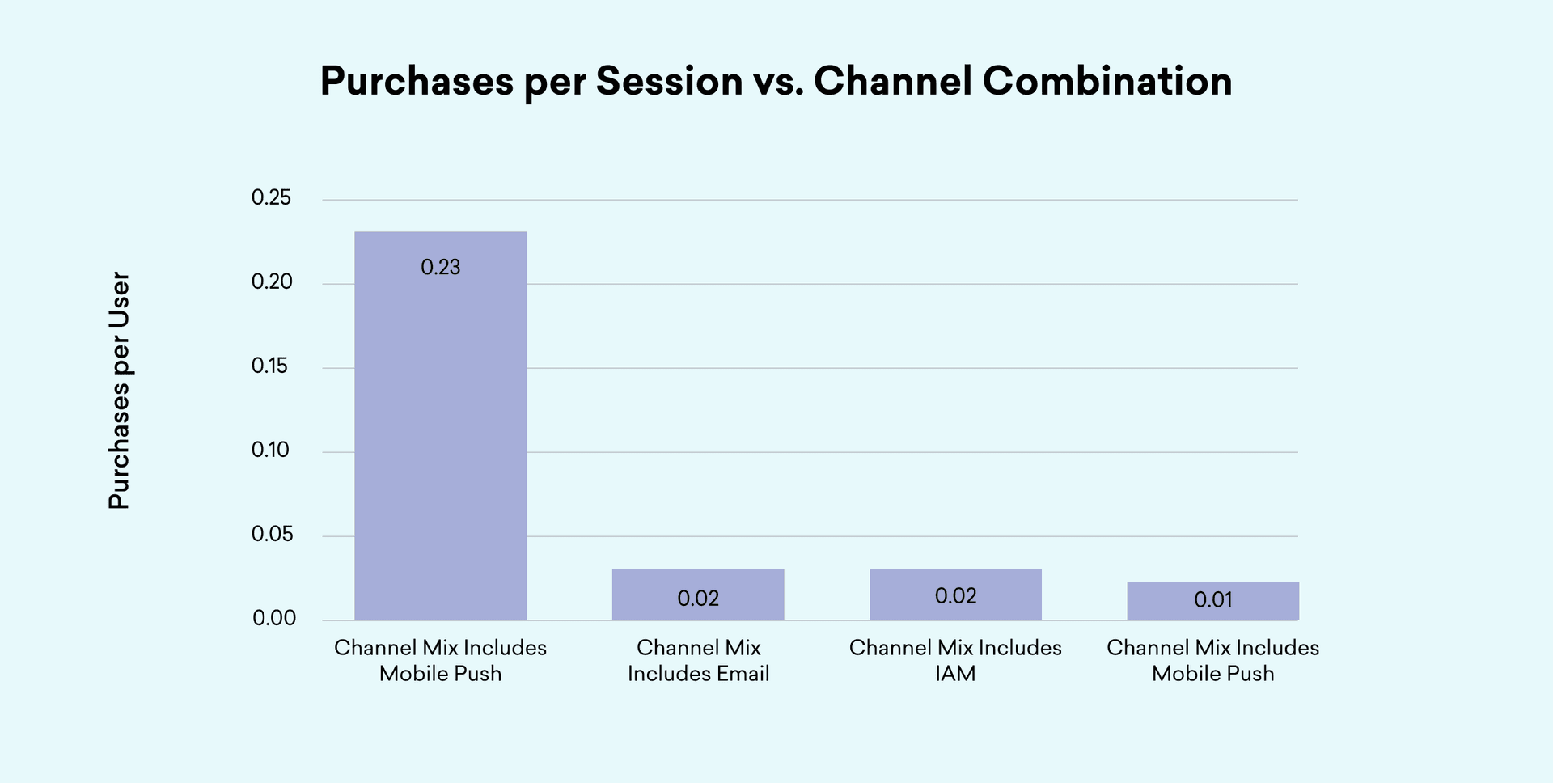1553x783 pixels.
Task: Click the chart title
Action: [x=776, y=82]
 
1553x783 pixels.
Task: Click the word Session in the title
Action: [x=669, y=81]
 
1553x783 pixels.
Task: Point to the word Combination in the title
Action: [x=1107, y=81]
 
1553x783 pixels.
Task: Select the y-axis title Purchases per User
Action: [x=119, y=391]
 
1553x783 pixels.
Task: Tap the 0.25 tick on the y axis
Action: [x=271, y=197]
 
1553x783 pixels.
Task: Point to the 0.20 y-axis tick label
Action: [x=272, y=281]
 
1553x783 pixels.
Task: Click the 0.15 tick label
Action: [x=270, y=366]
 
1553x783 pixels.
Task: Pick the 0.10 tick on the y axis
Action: [x=270, y=450]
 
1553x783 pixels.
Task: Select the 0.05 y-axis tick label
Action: [x=272, y=534]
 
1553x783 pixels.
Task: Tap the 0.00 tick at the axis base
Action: [x=274, y=618]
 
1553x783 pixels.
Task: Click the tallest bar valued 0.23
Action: [x=441, y=426]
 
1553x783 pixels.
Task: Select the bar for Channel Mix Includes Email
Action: [x=698, y=595]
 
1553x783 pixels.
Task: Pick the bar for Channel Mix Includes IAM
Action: [x=955, y=595]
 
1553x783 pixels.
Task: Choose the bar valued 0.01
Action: [x=1213, y=601]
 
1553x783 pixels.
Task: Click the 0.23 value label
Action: [x=441, y=267]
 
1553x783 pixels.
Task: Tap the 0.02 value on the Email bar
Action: [x=698, y=599]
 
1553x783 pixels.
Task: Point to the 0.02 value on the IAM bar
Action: [x=955, y=596]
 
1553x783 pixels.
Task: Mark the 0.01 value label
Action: [x=1213, y=599]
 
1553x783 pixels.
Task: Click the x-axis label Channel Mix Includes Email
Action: [x=698, y=660]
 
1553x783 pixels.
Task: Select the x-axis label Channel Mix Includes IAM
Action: [x=955, y=660]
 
